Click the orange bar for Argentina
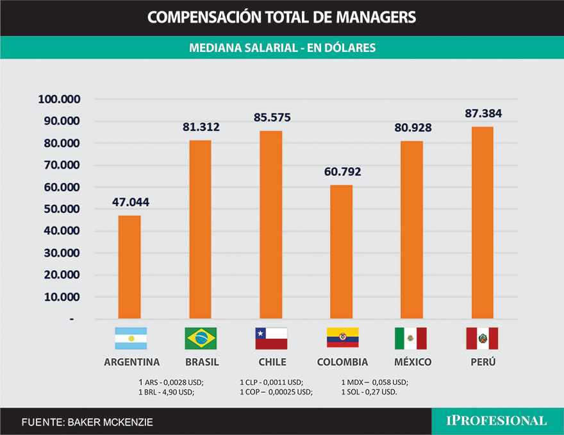click(130, 267)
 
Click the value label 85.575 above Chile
click(271, 118)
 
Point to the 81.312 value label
click(201, 127)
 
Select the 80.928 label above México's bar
click(412, 128)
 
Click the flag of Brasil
click(201, 338)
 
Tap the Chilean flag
click(271, 338)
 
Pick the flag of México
click(411, 338)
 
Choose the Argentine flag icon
click(131, 338)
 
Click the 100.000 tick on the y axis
click(59, 99)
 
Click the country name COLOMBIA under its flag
click(342, 362)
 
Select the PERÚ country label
click(483, 362)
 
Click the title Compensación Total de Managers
click(281, 17)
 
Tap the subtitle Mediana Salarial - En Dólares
click(282, 48)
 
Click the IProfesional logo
click(497, 421)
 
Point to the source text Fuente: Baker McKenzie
click(87, 422)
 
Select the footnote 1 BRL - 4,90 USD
click(166, 391)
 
